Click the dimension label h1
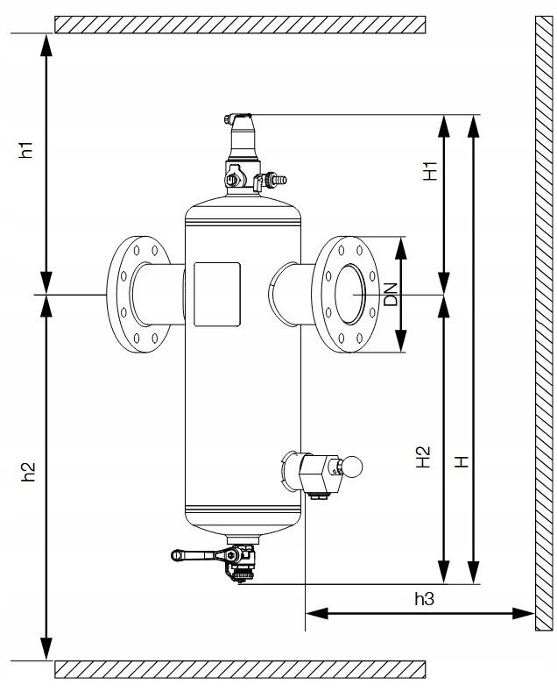pyautogui.click(x=28, y=150)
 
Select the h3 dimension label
pyautogui.click(x=424, y=598)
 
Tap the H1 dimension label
pyautogui.click(x=429, y=171)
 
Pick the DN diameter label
pyautogui.click(x=391, y=295)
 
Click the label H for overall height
pyautogui.click(x=462, y=460)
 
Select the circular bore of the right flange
pyautogui.click(x=349, y=295)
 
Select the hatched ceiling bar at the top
pyautogui.click(x=240, y=24)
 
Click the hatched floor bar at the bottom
pyautogui.click(x=240, y=669)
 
